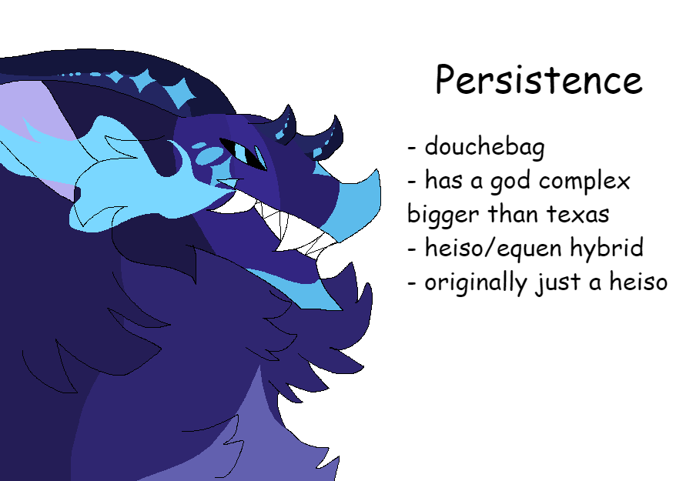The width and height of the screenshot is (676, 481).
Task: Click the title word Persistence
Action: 538,80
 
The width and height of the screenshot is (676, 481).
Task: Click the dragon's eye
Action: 246,152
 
